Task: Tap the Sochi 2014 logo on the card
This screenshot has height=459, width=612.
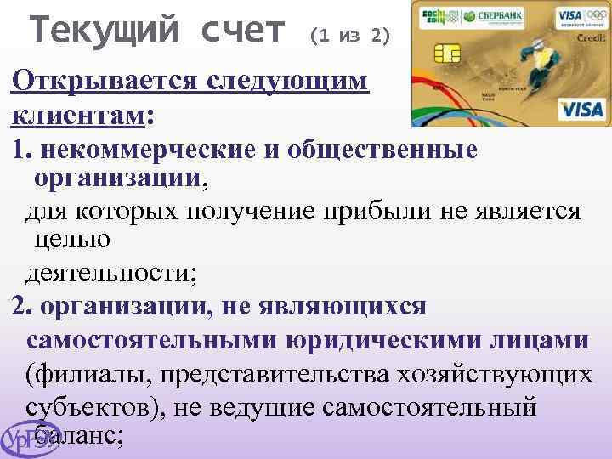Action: click(x=435, y=16)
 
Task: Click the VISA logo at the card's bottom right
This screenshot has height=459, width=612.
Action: click(x=581, y=109)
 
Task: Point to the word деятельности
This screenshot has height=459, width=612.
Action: click(x=110, y=274)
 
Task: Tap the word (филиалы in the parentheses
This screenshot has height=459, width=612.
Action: click(x=82, y=374)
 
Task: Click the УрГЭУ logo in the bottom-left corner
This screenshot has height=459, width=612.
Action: click(x=30, y=440)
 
